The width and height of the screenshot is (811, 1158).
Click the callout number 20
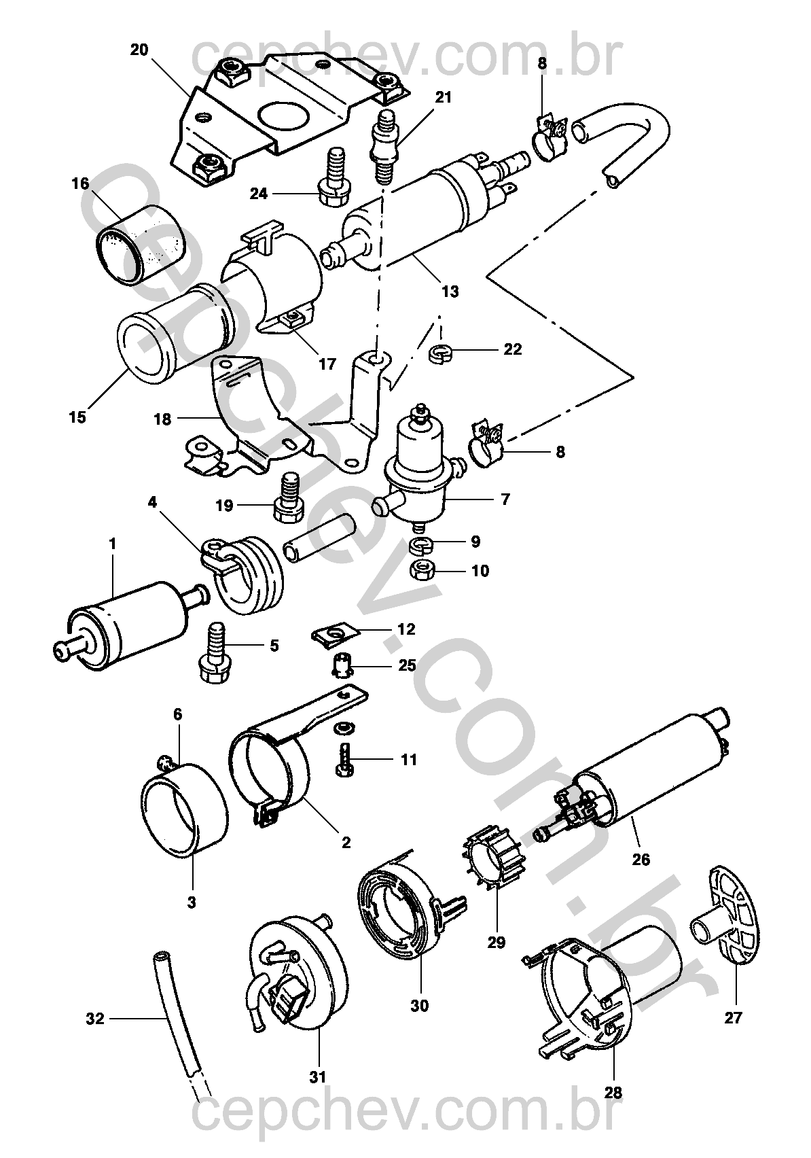[139, 50]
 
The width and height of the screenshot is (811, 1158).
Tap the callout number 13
[450, 292]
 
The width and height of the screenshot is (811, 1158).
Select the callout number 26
[641, 860]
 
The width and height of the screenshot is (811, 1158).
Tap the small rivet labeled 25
[340, 665]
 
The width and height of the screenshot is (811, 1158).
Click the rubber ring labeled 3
[185, 811]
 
